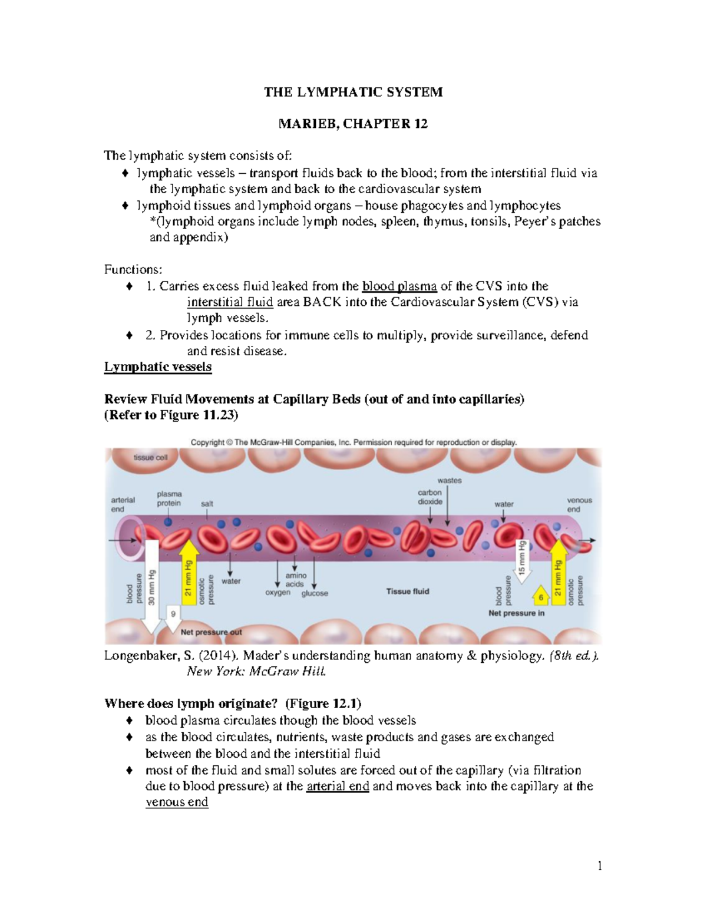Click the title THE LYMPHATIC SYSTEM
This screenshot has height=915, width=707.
pyautogui.click(x=353, y=92)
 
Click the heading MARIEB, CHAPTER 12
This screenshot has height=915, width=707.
pyautogui.click(x=353, y=124)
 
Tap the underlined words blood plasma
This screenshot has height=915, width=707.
pyautogui.click(x=399, y=286)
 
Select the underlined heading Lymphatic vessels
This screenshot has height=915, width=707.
pyautogui.click(x=157, y=367)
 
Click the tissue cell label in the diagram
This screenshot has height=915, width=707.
pyautogui.click(x=150, y=457)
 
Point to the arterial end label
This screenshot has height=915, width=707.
pyautogui.click(x=123, y=504)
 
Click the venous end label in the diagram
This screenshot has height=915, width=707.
pyautogui.click(x=579, y=504)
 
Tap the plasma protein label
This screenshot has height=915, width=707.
pyautogui.click(x=169, y=498)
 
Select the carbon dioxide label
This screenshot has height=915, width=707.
pyautogui.click(x=430, y=497)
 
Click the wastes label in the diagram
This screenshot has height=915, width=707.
pyautogui.click(x=450, y=480)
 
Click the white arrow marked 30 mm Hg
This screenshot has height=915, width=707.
pyautogui.click(x=151, y=589)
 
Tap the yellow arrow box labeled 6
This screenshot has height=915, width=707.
pyautogui.click(x=541, y=596)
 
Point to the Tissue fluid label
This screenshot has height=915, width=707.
pyautogui.click(x=408, y=591)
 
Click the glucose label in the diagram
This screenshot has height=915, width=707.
pyautogui.click(x=315, y=593)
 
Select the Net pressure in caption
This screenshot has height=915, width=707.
pyautogui.click(x=516, y=613)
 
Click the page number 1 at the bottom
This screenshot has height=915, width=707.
pyautogui.click(x=600, y=866)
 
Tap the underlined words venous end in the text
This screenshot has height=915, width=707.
pyautogui.click(x=177, y=802)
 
